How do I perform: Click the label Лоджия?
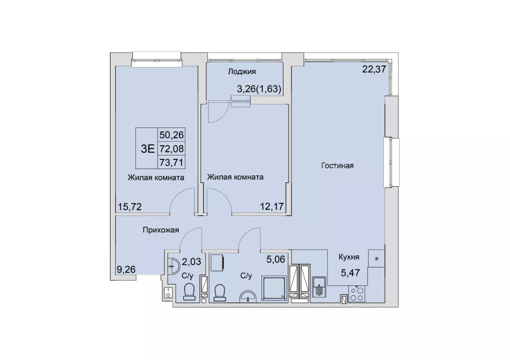(x=242, y=71)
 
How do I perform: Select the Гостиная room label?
(x=337, y=166)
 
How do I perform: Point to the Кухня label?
(x=348, y=258)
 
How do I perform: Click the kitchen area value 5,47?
(x=351, y=273)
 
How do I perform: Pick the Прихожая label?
(x=161, y=230)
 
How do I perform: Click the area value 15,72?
(x=130, y=207)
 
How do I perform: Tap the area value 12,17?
(x=272, y=206)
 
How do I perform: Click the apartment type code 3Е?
(x=147, y=149)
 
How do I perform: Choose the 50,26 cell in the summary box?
(x=172, y=134)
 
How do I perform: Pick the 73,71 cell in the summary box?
(x=172, y=161)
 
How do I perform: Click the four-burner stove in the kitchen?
(x=357, y=293)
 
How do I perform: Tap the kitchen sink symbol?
(x=319, y=286)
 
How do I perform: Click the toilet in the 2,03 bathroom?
(x=190, y=291)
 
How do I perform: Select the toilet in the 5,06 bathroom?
(x=220, y=292)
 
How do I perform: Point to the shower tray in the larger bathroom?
(x=274, y=289)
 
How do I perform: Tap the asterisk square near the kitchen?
(x=377, y=259)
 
